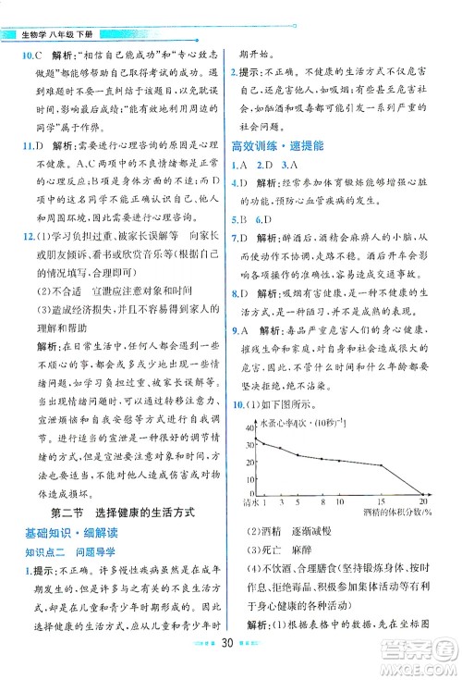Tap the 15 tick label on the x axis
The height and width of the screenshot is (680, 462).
(381, 502)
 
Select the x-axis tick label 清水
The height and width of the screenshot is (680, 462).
(245, 502)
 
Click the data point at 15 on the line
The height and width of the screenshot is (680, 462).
(381, 465)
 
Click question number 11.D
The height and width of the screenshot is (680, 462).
(20, 146)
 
